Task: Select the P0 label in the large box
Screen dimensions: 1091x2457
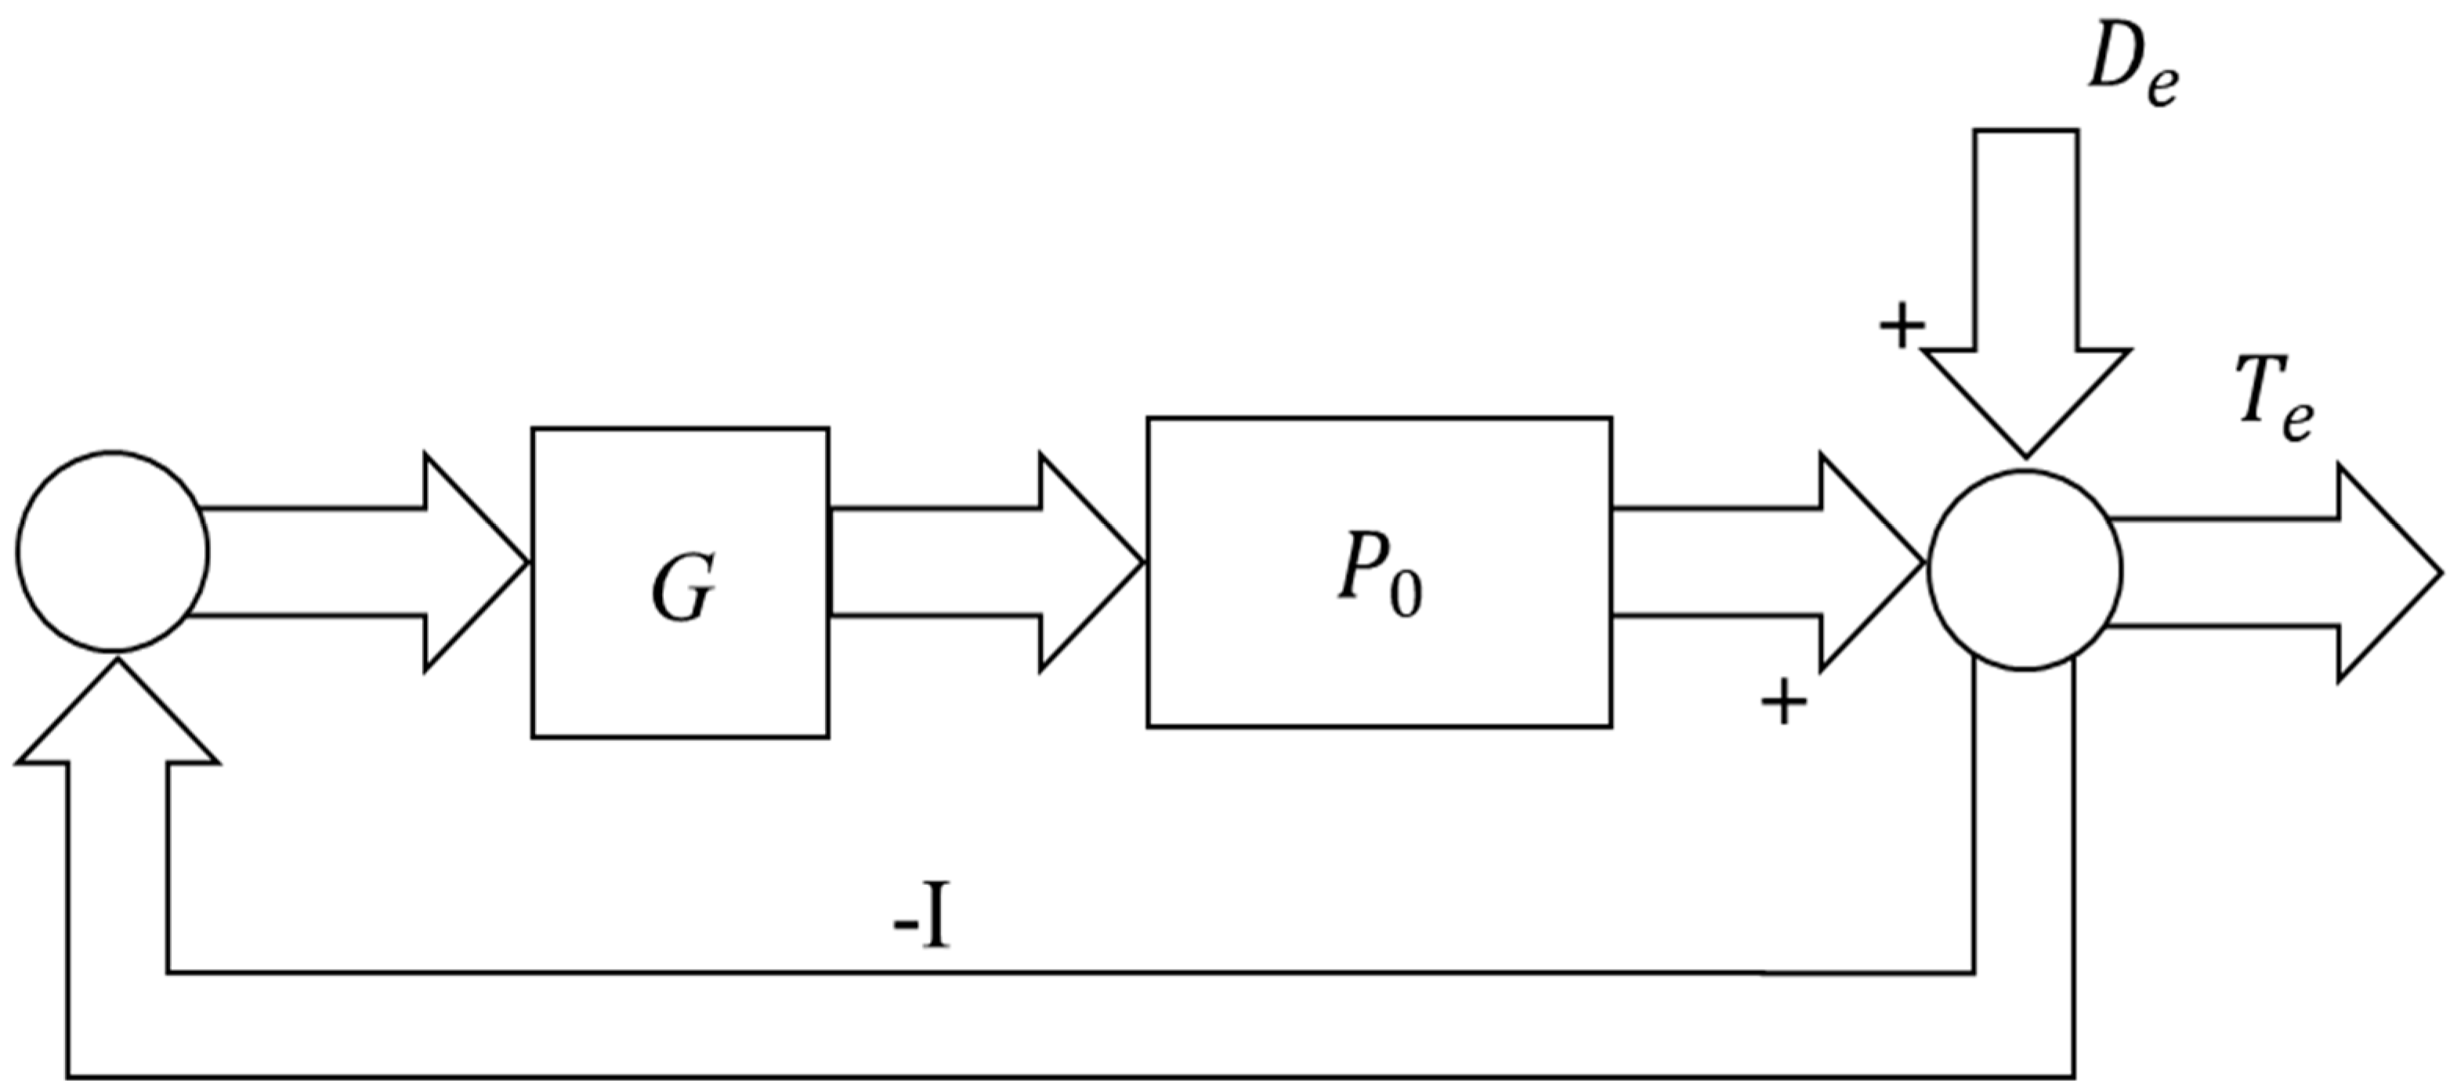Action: tap(1379, 583)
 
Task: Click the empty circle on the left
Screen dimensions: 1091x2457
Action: tap(113, 552)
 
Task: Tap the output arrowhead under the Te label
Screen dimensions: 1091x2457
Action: tap(2384, 573)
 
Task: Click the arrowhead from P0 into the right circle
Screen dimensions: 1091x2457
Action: tap(1869, 562)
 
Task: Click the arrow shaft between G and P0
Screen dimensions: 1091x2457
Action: tap(935, 562)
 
